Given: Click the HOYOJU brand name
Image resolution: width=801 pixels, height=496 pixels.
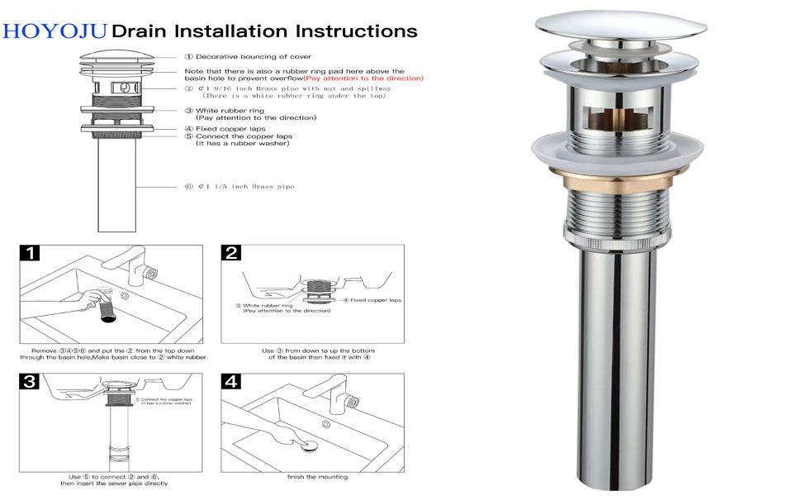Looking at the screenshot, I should (55, 31).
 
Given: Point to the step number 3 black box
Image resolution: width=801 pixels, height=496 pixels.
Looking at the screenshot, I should (29, 382).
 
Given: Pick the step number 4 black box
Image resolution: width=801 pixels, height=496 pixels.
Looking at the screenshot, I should (231, 382).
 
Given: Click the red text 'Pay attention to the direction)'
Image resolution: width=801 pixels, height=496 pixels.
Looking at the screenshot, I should (363, 79).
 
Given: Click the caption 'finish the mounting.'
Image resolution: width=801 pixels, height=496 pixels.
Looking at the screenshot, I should (318, 477).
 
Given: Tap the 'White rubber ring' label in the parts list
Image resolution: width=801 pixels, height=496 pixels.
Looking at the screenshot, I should (230, 110).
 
